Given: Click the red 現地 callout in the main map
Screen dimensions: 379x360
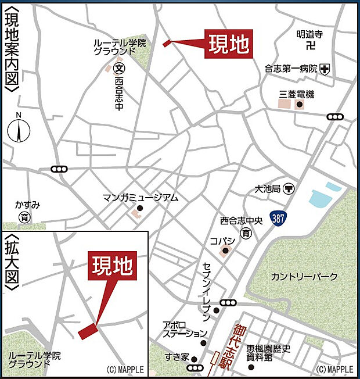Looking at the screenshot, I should (x=231, y=43).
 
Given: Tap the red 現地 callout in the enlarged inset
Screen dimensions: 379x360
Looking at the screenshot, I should (x=113, y=266).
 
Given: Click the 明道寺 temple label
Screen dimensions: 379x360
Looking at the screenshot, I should (x=308, y=34).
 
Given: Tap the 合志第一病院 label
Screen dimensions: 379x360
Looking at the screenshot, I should (x=291, y=69).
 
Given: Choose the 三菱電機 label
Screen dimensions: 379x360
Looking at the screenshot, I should (x=296, y=94).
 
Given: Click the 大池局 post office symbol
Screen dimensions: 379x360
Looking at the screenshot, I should (x=289, y=189).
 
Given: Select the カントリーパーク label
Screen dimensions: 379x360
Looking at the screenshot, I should (x=303, y=277).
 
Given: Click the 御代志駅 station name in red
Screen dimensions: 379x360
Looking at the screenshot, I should (x=240, y=348).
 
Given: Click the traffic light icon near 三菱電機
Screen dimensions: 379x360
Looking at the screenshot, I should (x=335, y=117).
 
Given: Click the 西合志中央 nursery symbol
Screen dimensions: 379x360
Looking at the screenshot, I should (x=247, y=234).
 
